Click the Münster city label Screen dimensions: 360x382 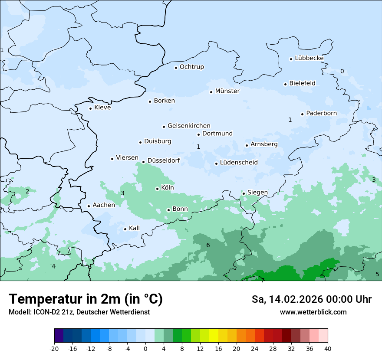click(x=227, y=91)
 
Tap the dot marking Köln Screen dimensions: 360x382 click(x=157, y=189)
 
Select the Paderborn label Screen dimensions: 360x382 click(x=321, y=113)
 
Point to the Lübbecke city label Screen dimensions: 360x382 click(x=309, y=58)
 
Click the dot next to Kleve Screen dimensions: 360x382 click(x=90, y=108)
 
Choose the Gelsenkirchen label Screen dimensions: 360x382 click(x=189, y=126)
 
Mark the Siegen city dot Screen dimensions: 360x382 click(x=244, y=193)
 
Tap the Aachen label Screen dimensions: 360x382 click(x=104, y=205)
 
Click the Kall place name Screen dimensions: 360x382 click(x=134, y=228)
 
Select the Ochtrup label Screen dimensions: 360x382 click(x=191, y=67)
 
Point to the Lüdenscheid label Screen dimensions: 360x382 click(x=239, y=163)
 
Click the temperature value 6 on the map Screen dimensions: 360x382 click(x=208, y=245)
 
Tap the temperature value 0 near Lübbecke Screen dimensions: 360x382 click(x=342, y=71)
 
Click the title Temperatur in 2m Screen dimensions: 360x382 click(x=86, y=299)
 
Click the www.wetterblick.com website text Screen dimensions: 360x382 click(x=313, y=312)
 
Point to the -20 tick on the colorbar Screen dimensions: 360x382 click(x=54, y=349)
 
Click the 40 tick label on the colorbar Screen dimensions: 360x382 click(x=328, y=349)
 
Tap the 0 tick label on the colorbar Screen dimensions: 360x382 click(x=145, y=349)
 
